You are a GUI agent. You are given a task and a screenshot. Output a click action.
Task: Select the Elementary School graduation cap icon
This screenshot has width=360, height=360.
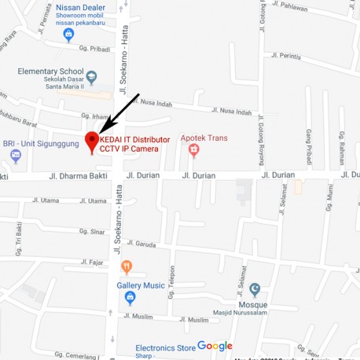[x=92, y=77]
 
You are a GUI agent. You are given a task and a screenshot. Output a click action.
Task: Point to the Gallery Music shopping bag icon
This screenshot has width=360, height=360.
[x=130, y=297]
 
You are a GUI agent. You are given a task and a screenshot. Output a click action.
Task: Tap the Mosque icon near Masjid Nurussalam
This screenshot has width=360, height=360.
[x=254, y=290]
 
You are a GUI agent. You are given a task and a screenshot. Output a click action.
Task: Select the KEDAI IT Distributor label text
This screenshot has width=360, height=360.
[x=134, y=139]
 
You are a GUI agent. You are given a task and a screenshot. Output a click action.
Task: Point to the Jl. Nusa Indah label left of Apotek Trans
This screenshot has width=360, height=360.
[x=154, y=102]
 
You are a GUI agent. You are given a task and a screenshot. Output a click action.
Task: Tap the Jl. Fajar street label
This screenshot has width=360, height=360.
[x=92, y=262]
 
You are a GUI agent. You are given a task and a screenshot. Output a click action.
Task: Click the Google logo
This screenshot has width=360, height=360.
[x=215, y=346]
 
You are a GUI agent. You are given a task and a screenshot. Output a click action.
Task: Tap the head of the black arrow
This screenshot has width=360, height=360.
[x=101, y=131]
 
